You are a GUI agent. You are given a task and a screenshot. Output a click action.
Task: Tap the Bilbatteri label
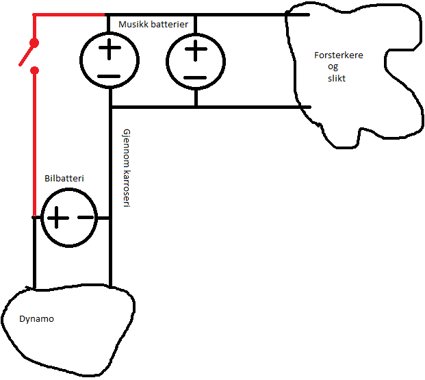(x=64, y=178)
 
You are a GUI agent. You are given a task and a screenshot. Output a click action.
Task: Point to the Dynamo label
(x=36, y=319)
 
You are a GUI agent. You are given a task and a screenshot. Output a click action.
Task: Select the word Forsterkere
(x=339, y=55)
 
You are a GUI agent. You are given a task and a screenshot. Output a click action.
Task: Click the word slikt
(x=337, y=78)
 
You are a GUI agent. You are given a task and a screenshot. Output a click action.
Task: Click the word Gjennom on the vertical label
(x=127, y=149)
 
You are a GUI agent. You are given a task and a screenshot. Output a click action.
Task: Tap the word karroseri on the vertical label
(x=127, y=189)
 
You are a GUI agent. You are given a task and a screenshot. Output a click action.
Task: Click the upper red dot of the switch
(x=34, y=43)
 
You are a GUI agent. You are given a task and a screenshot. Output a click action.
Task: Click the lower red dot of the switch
(x=34, y=71)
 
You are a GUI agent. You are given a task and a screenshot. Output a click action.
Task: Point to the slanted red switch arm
(x=27, y=55)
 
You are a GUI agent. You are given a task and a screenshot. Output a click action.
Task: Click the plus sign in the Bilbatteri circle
(x=57, y=218)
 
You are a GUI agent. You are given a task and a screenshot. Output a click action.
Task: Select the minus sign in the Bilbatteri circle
(x=86, y=217)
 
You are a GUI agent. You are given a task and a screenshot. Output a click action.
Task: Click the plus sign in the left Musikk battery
(x=110, y=49)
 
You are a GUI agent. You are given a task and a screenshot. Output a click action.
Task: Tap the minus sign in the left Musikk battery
(x=109, y=77)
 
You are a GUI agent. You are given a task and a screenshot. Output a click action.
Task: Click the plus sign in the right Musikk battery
(x=196, y=49)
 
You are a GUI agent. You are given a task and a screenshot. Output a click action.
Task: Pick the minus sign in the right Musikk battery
(x=195, y=78)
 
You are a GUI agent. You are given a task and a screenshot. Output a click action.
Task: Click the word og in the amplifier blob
(x=333, y=66)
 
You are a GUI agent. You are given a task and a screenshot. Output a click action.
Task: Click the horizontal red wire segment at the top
(x=69, y=14)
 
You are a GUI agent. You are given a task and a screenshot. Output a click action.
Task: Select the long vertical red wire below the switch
(x=34, y=144)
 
